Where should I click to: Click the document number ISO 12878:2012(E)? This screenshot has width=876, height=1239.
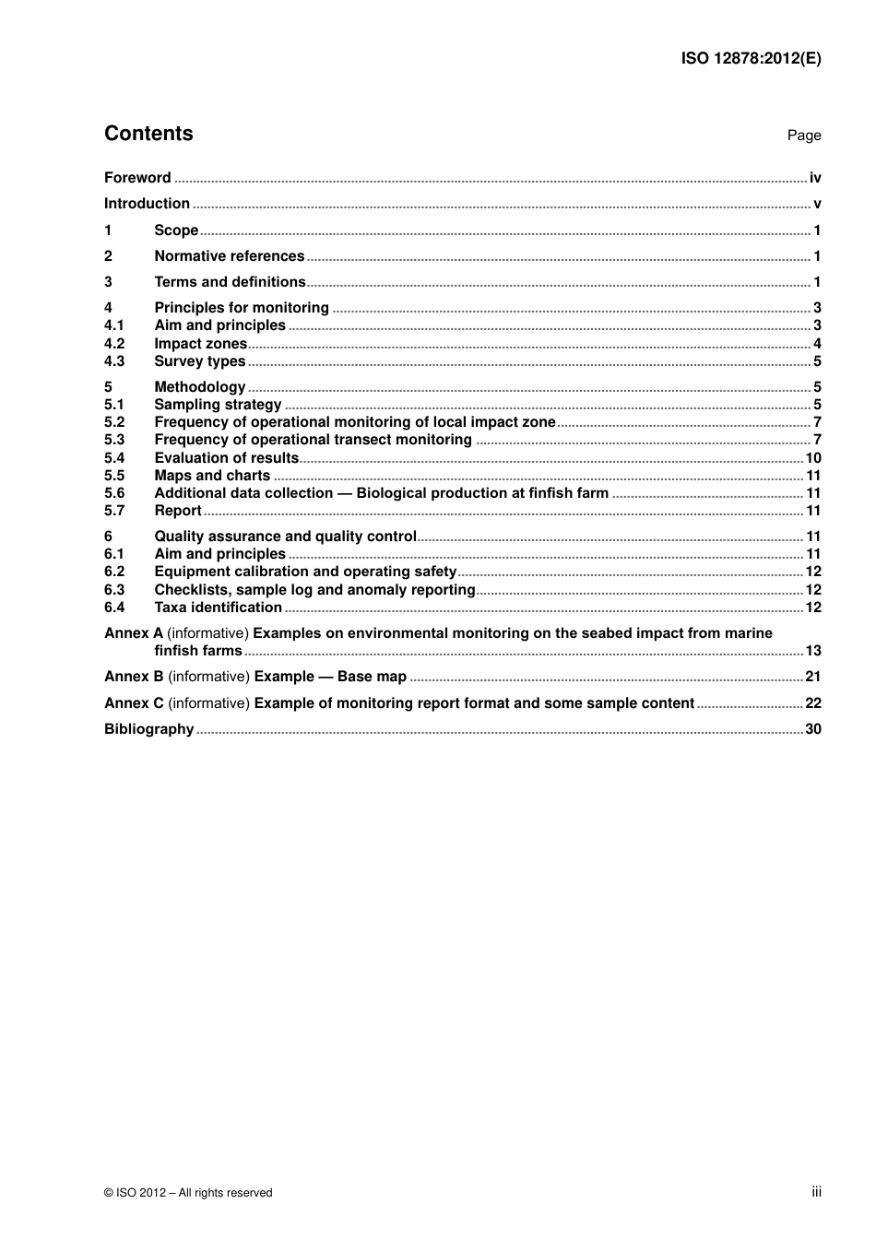click(751, 58)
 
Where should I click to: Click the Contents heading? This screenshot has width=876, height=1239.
click(148, 134)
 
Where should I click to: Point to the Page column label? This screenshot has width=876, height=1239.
click(803, 136)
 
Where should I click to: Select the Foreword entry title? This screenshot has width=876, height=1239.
click(137, 178)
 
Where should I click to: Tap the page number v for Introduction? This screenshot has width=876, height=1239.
click(817, 205)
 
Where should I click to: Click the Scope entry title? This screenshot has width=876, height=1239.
click(176, 230)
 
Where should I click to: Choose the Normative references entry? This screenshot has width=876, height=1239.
click(229, 256)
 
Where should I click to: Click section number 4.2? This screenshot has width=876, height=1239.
click(114, 344)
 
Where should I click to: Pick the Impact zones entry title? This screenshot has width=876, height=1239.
click(200, 344)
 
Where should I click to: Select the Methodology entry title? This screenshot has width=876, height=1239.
click(199, 387)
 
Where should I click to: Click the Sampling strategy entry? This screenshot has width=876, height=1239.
click(218, 405)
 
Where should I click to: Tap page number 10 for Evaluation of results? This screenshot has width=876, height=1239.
click(813, 458)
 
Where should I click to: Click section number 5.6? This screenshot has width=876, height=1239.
click(114, 493)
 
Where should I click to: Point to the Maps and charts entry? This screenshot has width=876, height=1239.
click(212, 476)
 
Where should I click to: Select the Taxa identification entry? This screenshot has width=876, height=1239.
click(218, 608)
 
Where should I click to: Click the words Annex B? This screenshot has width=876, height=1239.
click(134, 677)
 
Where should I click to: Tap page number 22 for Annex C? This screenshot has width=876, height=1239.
click(813, 703)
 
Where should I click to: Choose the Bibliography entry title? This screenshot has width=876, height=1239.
click(148, 729)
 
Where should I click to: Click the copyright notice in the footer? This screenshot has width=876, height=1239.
click(188, 1193)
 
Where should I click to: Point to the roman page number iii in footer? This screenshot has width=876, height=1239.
click(816, 1192)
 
